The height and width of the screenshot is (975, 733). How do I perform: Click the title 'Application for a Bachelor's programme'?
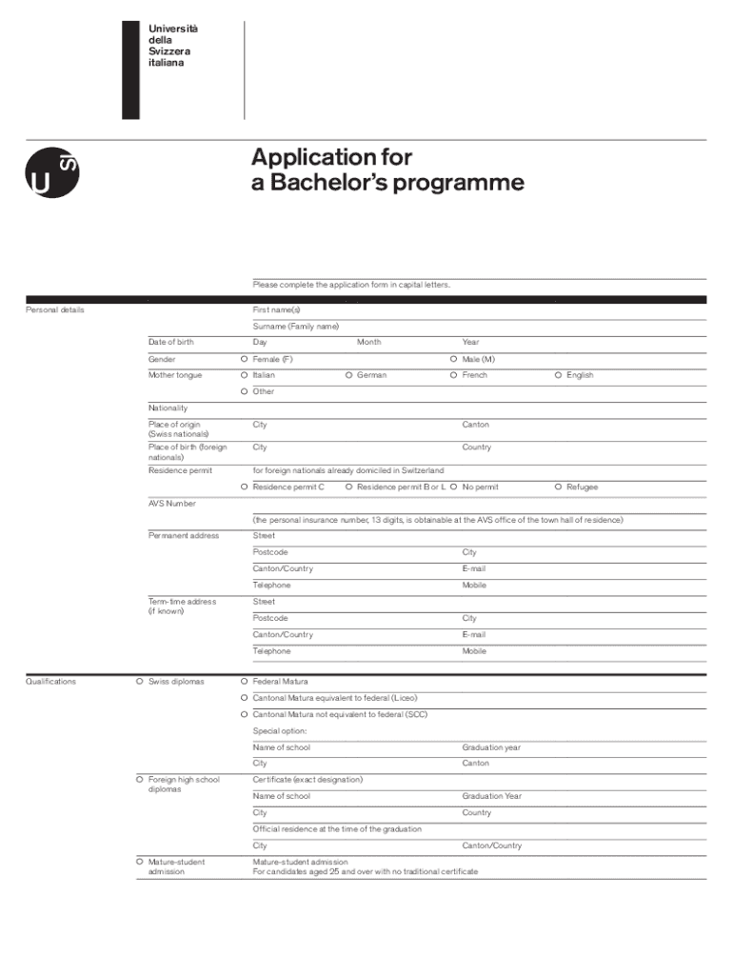tap(387, 169)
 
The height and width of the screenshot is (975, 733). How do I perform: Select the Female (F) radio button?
tap(245, 359)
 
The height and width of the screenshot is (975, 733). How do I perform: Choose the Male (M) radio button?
tap(454, 359)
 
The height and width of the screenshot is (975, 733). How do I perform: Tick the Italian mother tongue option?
tap(245, 375)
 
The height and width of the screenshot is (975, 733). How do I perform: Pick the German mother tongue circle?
tap(349, 375)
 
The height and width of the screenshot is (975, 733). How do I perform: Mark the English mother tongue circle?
tap(559, 375)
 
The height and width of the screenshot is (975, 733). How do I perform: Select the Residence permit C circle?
tap(245, 487)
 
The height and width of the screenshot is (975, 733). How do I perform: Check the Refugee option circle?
tap(559, 487)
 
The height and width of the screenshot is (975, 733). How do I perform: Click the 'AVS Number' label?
tap(171, 504)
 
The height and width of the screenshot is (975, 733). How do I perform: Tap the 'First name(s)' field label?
tap(276, 310)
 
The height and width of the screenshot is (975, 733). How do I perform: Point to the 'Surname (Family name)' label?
tap(295, 326)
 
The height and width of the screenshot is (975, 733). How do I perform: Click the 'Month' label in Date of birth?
tap(368, 342)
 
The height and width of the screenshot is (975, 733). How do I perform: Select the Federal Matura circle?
tap(245, 682)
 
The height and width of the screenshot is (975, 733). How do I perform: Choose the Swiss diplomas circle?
tap(140, 682)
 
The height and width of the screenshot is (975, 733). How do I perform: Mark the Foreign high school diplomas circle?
tap(140, 780)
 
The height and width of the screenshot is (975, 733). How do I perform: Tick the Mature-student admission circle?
tap(140, 862)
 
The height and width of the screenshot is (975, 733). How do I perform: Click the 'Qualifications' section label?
tap(50, 682)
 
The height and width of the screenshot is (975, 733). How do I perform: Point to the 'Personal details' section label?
tap(54, 310)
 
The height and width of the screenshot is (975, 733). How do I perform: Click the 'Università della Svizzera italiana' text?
tap(168, 46)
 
